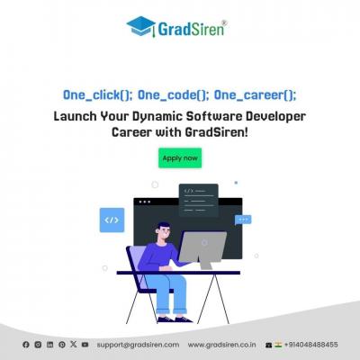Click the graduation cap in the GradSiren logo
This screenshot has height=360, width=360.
pos(140,26)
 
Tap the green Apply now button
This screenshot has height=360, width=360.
pos(180,158)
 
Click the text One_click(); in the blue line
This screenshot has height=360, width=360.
pos(97,95)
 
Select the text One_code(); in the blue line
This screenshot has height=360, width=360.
pos(173,95)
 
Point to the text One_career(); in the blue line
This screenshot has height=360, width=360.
pos(255,95)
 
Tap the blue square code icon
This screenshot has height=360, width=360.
pos(112,220)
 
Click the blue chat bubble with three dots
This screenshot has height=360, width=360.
pos(243,220)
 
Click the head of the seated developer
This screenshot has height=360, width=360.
pos(163,230)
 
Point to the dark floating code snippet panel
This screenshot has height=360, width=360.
pos(199,200)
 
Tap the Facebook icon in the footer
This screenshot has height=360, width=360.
pos(26,345)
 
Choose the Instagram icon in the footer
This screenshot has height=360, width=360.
pos(38,345)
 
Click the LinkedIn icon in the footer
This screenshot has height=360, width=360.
pos(49,345)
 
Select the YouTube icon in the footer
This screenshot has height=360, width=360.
pos(85,345)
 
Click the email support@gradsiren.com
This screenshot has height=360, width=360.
pos(138,345)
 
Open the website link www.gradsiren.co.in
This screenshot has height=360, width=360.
pos(222,345)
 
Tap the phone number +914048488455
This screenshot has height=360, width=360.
pos(311,345)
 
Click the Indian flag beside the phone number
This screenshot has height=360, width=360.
pos(278,345)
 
